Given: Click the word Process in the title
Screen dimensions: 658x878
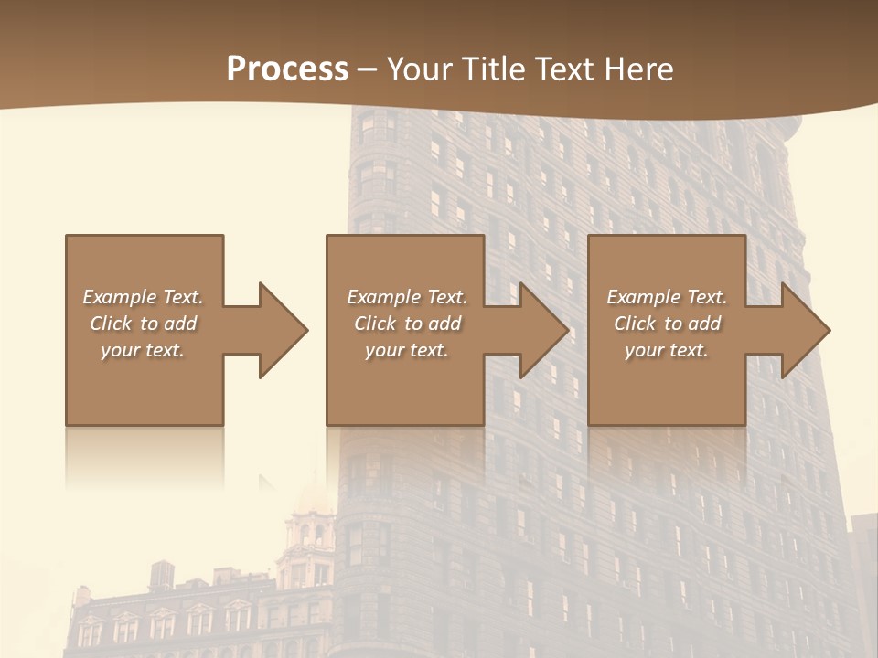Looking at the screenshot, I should (287, 69).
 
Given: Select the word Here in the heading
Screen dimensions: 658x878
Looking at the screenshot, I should (638, 69).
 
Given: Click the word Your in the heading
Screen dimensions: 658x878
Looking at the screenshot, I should (420, 69).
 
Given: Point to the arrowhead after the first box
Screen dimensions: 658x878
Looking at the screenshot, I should (283, 330).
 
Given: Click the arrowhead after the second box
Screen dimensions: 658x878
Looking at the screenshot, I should (543, 330).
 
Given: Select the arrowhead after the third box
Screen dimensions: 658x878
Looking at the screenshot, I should (805, 330).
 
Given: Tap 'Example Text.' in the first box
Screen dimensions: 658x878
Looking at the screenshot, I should (143, 297).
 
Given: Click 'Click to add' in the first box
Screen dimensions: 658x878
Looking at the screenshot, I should (143, 324).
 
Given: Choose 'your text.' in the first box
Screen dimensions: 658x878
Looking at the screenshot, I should (143, 350).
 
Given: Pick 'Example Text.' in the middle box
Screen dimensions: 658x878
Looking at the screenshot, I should (406, 297).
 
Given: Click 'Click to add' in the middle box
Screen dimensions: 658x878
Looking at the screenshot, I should (406, 324).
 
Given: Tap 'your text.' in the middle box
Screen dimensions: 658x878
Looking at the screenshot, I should (406, 350).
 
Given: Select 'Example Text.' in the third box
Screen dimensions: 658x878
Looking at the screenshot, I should (667, 297).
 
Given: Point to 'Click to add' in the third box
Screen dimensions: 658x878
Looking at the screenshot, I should (667, 324).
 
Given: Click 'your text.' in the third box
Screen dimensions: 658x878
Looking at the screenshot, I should (667, 350).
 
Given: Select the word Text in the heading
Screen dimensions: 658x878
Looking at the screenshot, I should (564, 69).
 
